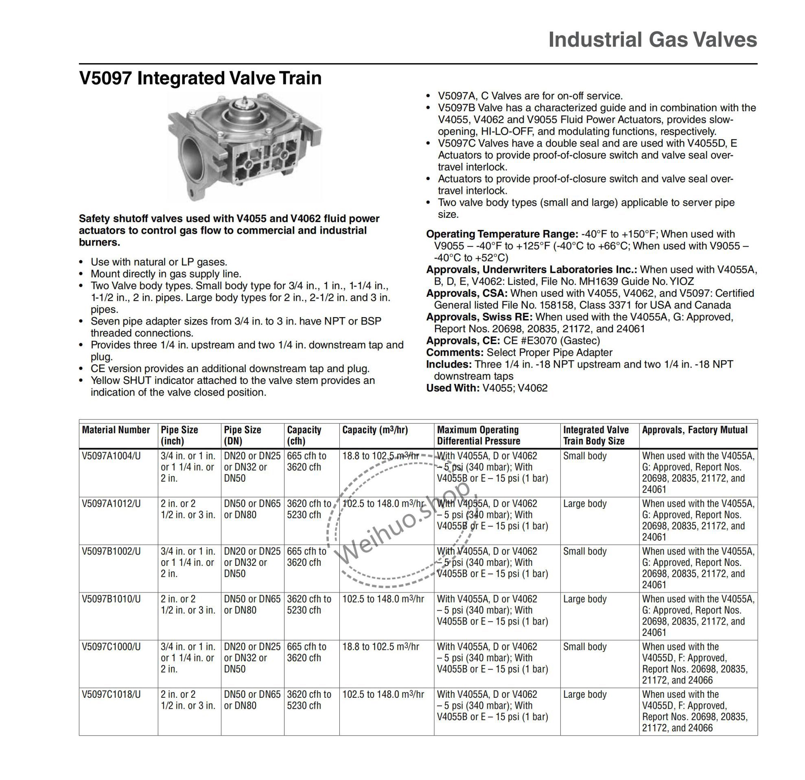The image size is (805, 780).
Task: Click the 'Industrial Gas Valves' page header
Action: coord(652,40)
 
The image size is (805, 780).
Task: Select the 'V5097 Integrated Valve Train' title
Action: coord(200,78)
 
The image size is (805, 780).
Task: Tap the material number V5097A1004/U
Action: coord(111,456)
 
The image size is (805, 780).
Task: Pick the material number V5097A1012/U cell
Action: coord(111,504)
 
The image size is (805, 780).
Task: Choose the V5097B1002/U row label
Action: coord(111,551)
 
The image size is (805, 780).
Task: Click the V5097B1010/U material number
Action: coord(111,599)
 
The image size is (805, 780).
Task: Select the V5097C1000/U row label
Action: coord(111,646)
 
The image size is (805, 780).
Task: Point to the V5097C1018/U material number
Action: coord(111,694)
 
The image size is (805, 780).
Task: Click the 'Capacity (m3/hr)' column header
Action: coord(375,430)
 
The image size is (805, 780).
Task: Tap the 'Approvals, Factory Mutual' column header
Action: coord(695,430)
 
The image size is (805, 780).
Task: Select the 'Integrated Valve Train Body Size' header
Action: coord(595,435)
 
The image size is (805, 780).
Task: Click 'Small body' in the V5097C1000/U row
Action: coord(584,646)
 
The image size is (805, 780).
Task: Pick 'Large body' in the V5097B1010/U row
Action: coord(584,599)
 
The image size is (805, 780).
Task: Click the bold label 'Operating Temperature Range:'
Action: coord(502,234)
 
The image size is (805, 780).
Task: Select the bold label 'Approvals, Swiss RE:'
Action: coord(479,317)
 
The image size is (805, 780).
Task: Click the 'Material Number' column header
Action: coord(116,430)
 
